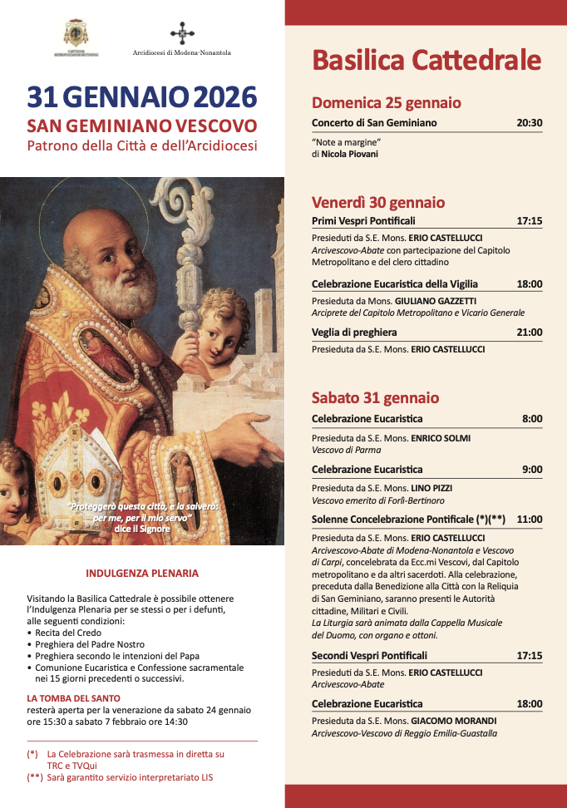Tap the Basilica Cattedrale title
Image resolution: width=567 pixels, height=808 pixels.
point(426,60)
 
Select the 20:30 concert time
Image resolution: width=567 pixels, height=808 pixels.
point(529,123)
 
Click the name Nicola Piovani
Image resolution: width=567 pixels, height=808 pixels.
point(350,154)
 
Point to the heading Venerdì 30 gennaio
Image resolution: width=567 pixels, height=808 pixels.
point(378,202)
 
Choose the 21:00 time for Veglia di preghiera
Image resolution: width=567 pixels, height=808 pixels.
point(529,333)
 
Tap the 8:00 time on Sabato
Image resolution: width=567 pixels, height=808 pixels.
point(532,419)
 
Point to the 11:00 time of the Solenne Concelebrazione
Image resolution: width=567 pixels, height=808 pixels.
point(529,520)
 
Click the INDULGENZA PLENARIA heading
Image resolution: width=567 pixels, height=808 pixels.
point(142,574)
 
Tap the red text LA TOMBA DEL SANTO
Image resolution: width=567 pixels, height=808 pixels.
point(73,698)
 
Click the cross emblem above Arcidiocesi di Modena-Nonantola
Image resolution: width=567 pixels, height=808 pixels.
point(182,33)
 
